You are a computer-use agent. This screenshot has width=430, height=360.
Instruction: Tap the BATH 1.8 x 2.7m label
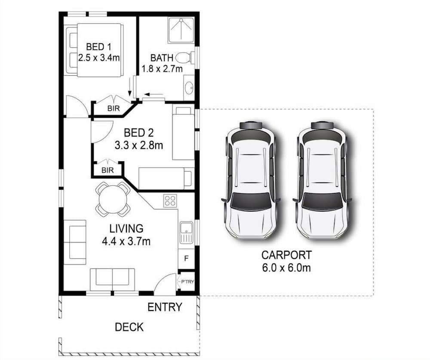162,63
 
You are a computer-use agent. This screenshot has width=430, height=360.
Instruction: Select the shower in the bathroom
181,30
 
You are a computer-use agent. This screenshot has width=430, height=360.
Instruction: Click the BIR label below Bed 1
114,108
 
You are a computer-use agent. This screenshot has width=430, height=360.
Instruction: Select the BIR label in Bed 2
107,170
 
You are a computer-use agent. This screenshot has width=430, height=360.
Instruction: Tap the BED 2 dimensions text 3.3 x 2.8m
138,145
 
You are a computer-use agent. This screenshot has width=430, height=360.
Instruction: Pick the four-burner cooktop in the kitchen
170,201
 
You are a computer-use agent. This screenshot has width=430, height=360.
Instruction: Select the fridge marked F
186,259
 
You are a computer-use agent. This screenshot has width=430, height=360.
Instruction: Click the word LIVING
126,228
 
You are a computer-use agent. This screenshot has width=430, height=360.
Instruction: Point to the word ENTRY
165,307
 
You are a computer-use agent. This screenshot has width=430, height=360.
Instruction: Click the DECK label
129,327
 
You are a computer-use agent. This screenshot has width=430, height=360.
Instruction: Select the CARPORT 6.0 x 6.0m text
286,261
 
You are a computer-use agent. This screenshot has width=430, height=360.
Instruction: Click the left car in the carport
251,179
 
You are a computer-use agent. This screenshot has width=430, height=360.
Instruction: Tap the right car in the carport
322,179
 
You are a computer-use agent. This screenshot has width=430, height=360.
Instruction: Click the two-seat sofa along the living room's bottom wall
112,278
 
